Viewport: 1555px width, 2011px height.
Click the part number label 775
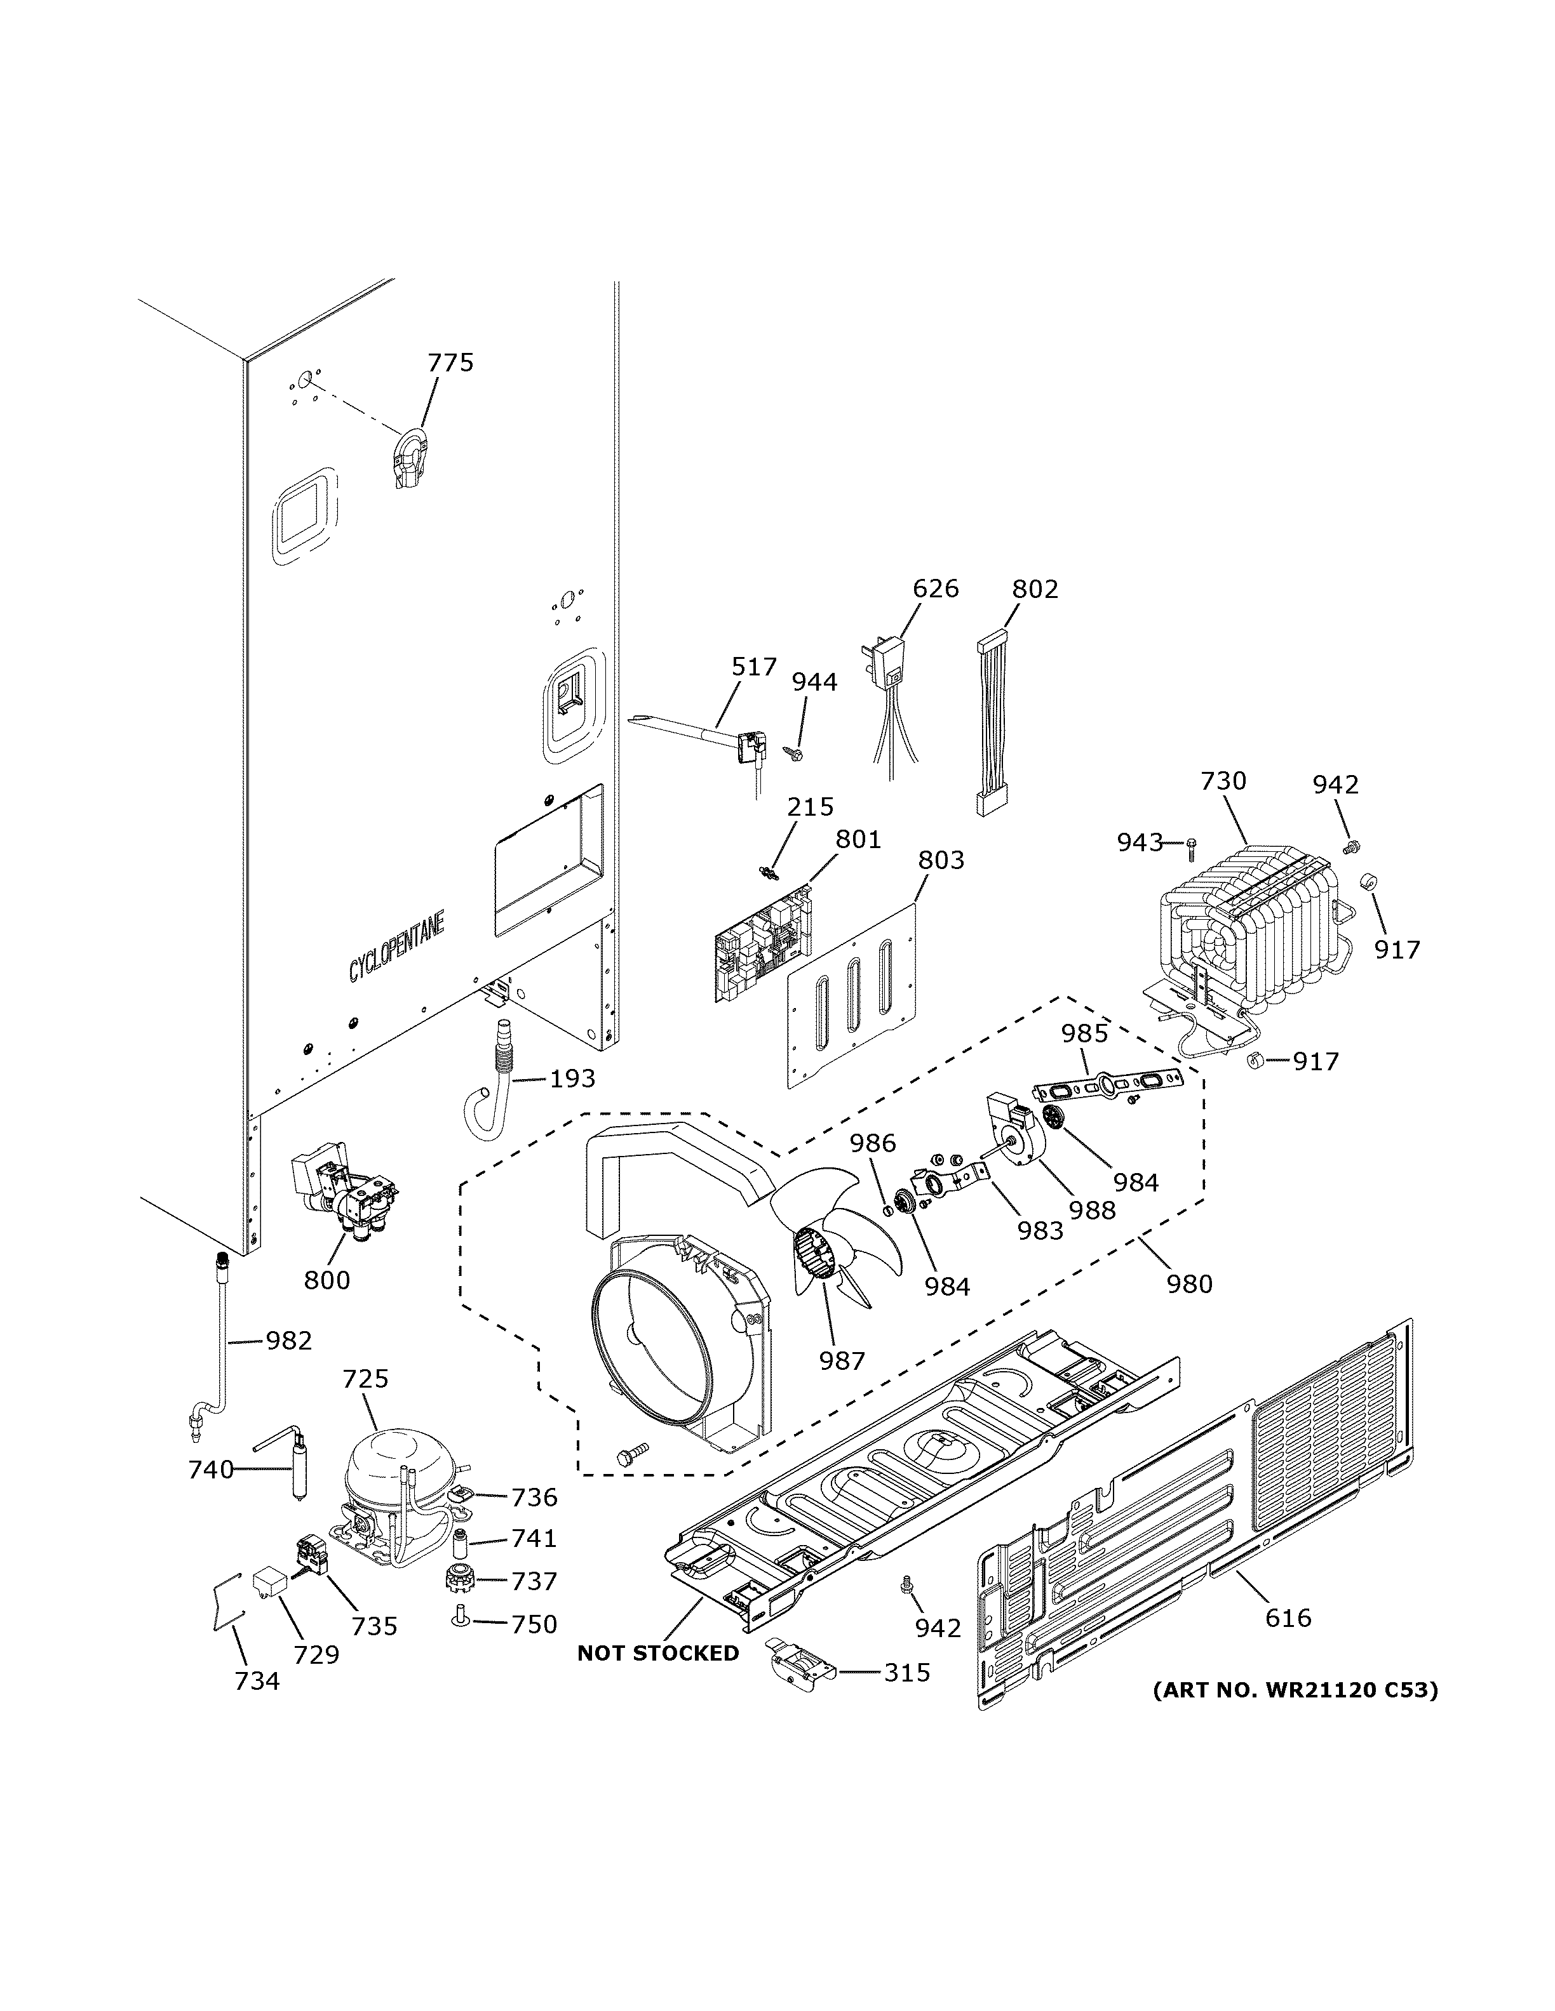coord(450,363)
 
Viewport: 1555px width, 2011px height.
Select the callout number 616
coord(1287,1617)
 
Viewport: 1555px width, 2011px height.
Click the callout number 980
coord(1188,1283)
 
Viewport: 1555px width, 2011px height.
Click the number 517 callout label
coord(753,667)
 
